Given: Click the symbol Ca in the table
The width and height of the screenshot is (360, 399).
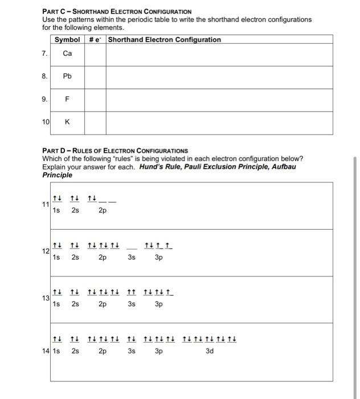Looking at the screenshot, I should point(67,53).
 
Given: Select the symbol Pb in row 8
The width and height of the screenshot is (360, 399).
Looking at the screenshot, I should point(67,76).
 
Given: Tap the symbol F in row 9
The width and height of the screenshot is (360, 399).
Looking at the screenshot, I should point(67,99).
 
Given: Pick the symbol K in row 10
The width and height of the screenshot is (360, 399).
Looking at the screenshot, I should point(67,122).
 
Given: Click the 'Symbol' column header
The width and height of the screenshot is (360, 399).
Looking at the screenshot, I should point(67,39).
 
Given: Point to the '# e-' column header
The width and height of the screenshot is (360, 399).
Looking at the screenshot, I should point(95,39).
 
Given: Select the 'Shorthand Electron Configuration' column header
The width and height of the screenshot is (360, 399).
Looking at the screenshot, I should point(164,39).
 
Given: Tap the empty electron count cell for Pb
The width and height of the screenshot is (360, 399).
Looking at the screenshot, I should point(95,77).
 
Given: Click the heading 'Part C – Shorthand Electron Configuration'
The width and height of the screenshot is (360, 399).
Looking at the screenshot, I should point(117,11).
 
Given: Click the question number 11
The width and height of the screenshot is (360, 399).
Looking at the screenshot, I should point(45,206).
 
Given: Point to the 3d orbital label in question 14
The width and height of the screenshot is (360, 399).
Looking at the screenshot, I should point(209,351).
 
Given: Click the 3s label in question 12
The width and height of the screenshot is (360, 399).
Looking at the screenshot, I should point(132,257).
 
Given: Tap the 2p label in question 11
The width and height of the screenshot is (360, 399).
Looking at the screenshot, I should point(102,210).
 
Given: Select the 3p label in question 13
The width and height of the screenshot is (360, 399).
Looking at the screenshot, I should point(159,304).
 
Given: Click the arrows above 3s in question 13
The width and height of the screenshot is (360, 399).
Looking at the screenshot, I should point(132,293).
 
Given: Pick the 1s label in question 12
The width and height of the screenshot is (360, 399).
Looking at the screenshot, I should point(56,257).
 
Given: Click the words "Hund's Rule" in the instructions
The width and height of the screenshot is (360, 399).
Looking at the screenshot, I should point(161,166).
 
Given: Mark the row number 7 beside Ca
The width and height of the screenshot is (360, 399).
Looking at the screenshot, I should point(44,53).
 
